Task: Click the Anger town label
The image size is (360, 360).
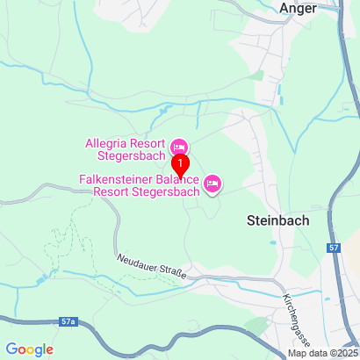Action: click(297, 8)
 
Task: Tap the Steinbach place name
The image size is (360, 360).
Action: click(273, 221)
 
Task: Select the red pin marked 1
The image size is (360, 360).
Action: click(180, 165)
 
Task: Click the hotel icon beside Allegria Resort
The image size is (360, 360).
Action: click(179, 145)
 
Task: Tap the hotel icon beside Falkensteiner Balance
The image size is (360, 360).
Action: click(212, 184)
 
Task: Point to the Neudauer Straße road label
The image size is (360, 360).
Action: click(151, 267)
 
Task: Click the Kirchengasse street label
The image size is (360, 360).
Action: click(294, 311)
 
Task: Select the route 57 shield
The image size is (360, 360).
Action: click(333, 249)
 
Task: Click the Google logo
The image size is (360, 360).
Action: click(30, 349)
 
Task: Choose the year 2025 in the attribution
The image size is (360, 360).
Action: click(343, 354)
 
